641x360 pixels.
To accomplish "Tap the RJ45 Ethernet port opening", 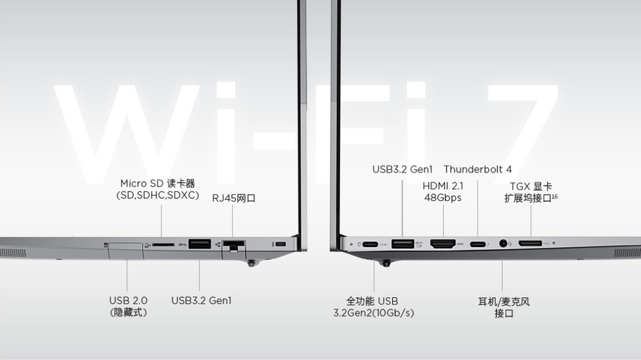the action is pos(233,245).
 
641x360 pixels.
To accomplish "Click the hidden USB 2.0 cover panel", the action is pos(126,248).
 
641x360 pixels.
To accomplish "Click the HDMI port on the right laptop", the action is pos(443,244).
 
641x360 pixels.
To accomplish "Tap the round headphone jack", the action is pos(502,244).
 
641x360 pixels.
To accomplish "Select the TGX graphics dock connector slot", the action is pos(530,244).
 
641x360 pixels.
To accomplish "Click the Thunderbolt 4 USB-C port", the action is pos(478,244).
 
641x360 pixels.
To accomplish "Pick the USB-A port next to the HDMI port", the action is pos(403,244).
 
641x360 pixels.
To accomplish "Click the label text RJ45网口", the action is pos(234,198).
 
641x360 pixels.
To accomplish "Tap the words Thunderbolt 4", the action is pos(477,170).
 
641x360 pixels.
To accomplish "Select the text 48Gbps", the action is pos(442,198).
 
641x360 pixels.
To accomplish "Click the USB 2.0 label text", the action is pos(128,301).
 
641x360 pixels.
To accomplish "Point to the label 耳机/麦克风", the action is pos(503,301).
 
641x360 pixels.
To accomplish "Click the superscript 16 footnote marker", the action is pos(555,197).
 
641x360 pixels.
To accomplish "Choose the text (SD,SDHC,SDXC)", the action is pos(158,195).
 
